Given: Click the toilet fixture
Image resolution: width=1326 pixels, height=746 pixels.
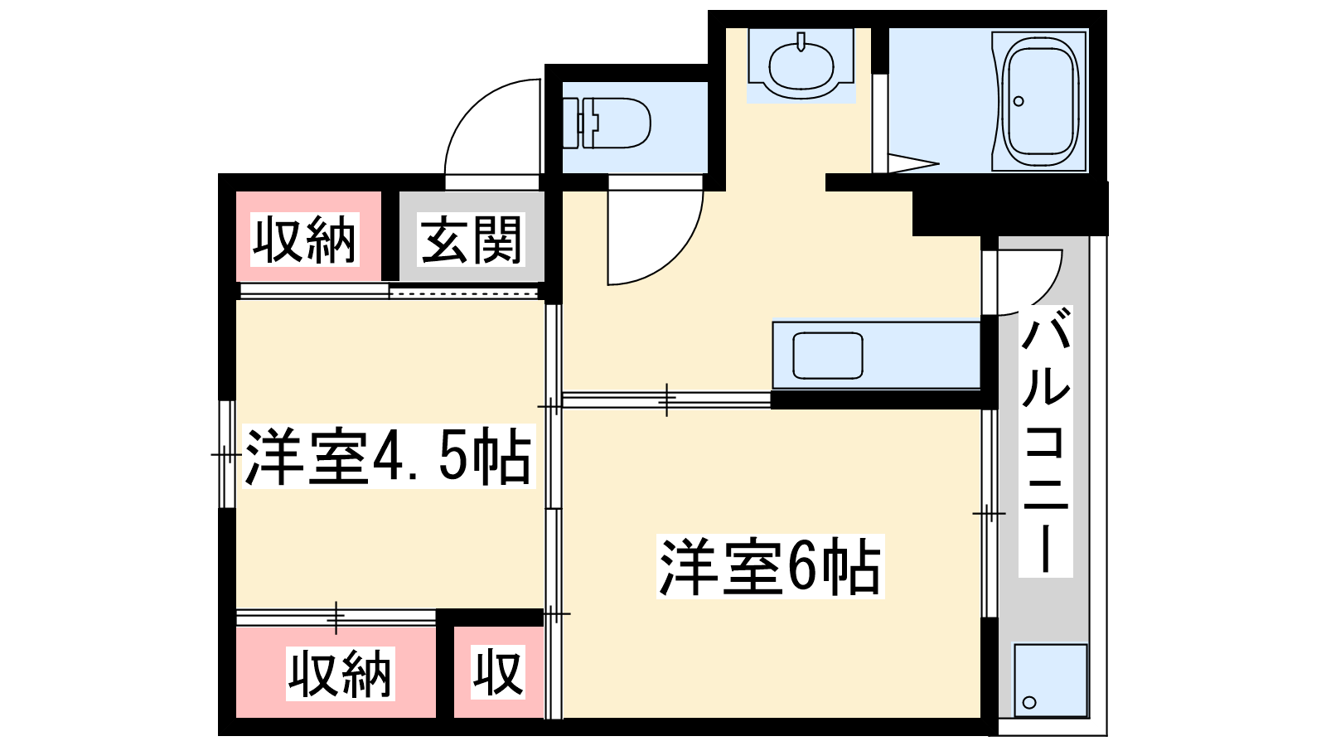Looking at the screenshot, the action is click(606, 123).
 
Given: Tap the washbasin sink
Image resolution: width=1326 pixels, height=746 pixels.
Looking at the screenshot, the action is click(801, 65).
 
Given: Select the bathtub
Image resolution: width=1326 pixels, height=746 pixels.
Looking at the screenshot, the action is click(1039, 101).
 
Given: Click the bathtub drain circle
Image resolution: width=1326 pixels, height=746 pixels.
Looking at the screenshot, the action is click(1019, 101).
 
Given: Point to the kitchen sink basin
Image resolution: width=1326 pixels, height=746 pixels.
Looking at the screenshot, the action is click(828, 356).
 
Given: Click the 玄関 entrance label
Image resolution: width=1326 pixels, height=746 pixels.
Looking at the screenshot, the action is click(472, 240).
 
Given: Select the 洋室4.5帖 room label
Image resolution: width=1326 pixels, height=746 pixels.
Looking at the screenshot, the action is click(389, 456).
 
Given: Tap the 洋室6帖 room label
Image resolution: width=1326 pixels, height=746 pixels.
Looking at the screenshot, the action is click(770, 566).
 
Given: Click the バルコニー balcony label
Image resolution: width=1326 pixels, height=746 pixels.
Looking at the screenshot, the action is click(1045, 441).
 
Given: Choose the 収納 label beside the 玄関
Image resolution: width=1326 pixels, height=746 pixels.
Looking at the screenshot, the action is click(305, 240).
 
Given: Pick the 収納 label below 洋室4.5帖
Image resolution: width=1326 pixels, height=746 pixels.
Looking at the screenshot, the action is click(340, 674).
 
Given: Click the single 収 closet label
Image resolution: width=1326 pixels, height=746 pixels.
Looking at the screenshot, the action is click(498, 671).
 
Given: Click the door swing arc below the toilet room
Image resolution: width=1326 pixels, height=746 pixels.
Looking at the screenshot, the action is click(675, 257).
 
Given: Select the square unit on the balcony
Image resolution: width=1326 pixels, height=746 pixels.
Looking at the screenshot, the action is click(1051, 681).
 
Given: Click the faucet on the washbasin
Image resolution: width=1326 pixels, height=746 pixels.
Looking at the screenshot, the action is click(801, 42).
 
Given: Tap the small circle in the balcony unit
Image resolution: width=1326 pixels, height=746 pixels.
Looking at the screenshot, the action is click(1029, 702).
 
